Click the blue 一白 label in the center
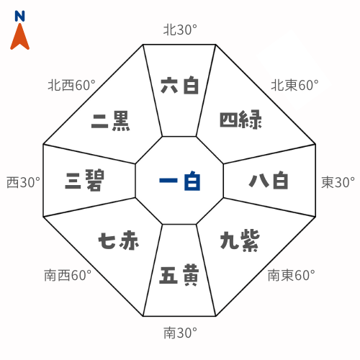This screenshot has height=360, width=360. point(180,181)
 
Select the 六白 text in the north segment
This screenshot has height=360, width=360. point(180,85)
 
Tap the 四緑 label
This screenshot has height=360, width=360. point(240,120)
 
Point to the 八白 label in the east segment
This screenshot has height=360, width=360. point(269,180)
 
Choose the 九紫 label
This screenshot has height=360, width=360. point(240,240)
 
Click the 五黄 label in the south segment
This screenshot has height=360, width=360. point(179,275)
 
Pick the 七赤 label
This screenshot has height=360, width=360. point(119,240)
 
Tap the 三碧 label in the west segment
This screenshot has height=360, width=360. point(85,180)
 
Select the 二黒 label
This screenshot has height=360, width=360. point(111,121)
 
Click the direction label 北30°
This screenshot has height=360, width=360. point(180,30)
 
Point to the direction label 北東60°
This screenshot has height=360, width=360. point(294,85)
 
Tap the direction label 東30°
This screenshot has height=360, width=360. point(338,182)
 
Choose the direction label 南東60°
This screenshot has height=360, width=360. point(292,275)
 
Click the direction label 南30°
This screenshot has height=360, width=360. point(180,333)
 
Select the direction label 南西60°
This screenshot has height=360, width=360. point(68,275)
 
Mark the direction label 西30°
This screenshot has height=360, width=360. point(23,182)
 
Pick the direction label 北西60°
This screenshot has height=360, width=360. point(71,85)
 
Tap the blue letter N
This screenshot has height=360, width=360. point(19,16)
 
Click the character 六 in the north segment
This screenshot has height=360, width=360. point(169,85)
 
